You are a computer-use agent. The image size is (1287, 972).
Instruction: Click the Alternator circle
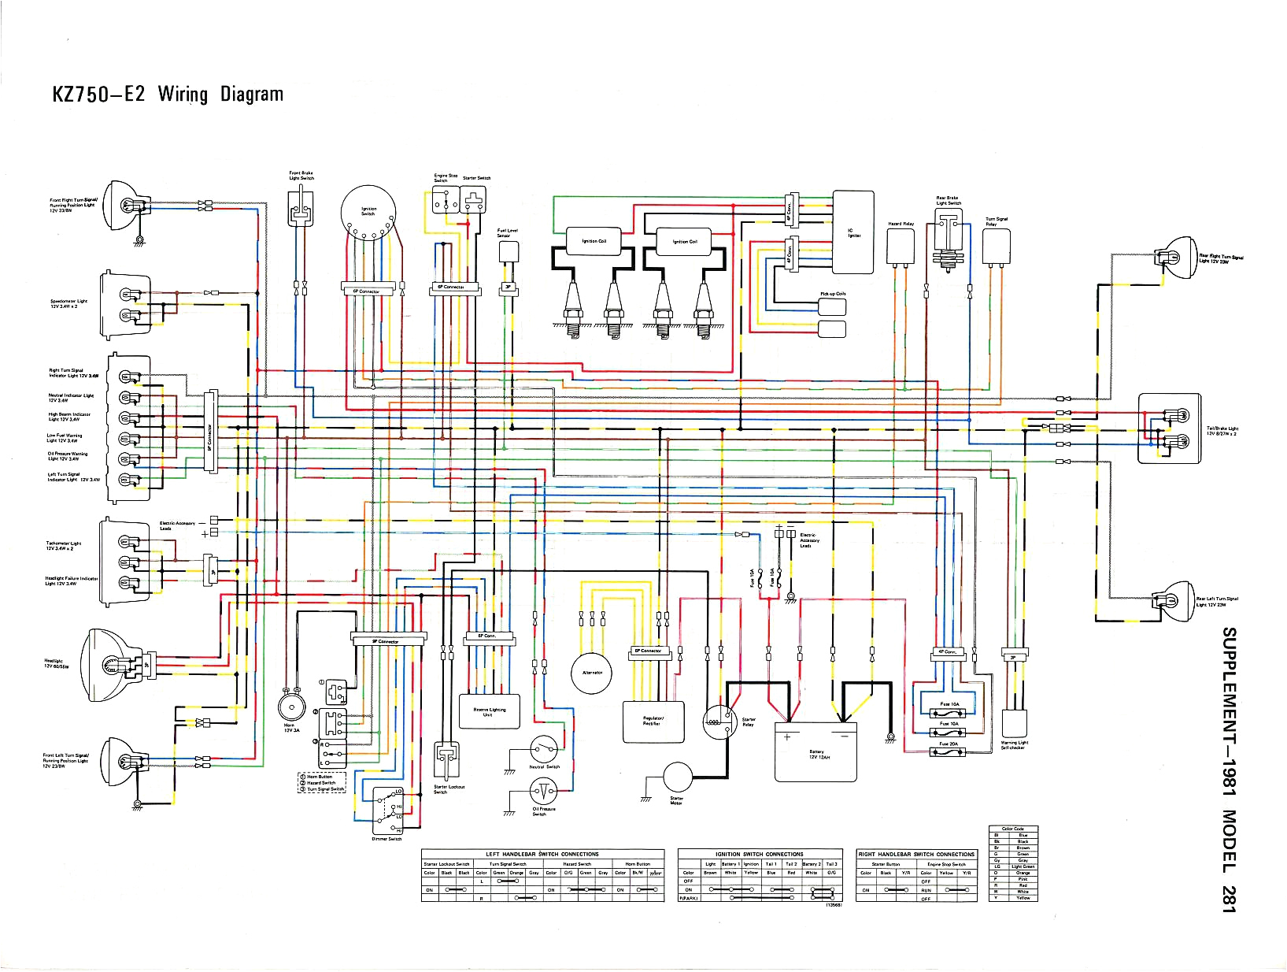[591, 673]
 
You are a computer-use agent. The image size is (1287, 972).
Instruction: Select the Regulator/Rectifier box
[653, 722]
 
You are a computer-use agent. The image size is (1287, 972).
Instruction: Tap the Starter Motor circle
[677, 777]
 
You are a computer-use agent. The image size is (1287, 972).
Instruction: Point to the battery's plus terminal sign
[786, 737]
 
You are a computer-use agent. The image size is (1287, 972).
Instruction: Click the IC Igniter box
[853, 232]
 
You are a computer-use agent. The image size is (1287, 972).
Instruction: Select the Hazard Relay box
[900, 247]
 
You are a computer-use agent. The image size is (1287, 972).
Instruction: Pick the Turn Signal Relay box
[996, 247]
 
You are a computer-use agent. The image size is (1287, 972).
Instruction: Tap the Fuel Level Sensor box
[509, 252]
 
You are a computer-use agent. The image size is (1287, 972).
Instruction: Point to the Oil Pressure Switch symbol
[543, 791]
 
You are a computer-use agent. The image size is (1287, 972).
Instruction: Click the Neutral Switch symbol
[543, 748]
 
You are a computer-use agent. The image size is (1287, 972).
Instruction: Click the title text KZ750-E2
[98, 95]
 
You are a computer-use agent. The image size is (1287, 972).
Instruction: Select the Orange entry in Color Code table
[1023, 873]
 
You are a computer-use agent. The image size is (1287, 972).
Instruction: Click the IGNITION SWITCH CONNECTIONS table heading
[759, 854]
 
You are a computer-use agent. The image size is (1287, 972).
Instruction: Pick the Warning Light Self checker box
[1014, 723]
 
